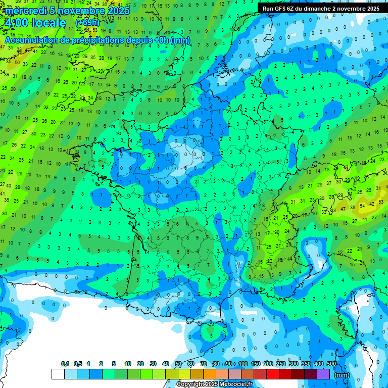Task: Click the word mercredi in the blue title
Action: coord(27,11)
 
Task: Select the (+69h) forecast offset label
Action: coord(87,23)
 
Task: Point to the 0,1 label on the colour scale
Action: coord(65,364)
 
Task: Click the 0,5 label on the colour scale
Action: coord(78,364)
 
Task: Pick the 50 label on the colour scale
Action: coord(178,364)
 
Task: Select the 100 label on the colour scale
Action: coord(243,364)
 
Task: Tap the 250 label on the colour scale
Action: coord(281,364)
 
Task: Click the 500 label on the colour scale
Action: coord(331,364)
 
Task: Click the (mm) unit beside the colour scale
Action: coord(342,375)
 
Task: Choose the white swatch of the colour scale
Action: coord(58,374)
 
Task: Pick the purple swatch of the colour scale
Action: coord(323,374)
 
